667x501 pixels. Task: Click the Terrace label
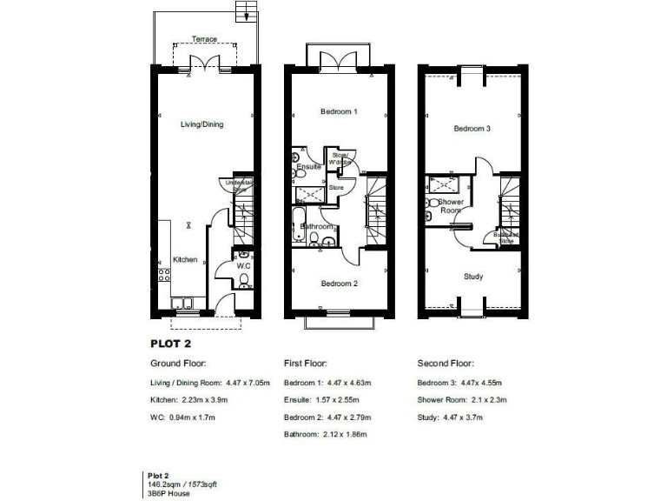tap(205, 39)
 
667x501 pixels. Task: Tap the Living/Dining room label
tap(201, 124)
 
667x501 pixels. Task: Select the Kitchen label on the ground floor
tap(184, 259)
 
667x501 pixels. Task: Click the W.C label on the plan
tap(244, 265)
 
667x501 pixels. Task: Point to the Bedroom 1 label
tap(339, 112)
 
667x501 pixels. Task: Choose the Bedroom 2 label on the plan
tap(339, 284)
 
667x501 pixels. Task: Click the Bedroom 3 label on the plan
tap(472, 129)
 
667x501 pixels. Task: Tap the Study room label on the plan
tap(473, 277)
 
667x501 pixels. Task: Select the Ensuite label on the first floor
tap(309, 166)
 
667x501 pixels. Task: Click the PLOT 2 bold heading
tap(170, 343)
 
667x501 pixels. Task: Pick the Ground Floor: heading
tap(178, 364)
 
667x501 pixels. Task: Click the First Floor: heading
tap(306, 364)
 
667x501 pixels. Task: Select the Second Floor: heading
tap(446, 364)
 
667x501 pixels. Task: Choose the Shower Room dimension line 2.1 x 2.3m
tap(461, 399)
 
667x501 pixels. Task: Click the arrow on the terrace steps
tap(247, 13)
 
